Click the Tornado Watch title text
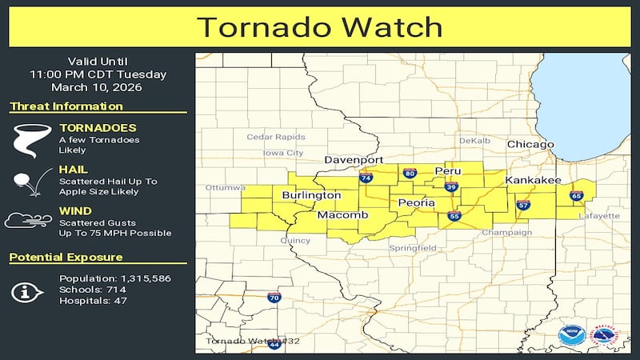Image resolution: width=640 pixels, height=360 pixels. [x=319, y=26]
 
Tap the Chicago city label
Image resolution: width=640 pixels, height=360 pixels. [x=530, y=144]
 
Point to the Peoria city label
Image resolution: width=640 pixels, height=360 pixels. [x=416, y=203]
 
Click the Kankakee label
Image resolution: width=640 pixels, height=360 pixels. [x=533, y=181]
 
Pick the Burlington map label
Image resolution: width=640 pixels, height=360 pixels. [x=311, y=195]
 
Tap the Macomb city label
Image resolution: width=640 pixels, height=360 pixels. [x=342, y=216]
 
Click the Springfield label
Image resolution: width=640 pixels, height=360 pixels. [x=413, y=249]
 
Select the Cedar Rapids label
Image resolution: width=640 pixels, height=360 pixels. [x=276, y=137]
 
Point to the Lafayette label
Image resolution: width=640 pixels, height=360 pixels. [x=599, y=216]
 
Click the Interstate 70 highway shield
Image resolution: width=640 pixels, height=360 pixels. [x=274, y=297]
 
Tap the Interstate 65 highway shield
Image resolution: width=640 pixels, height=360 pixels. [x=575, y=195]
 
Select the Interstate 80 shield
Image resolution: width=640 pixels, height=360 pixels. [x=409, y=173]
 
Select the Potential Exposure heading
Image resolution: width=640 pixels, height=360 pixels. [x=66, y=258]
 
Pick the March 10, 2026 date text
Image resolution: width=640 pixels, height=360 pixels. [x=98, y=87]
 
